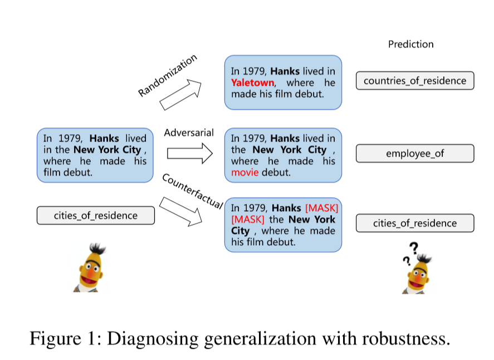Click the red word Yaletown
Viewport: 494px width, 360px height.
[x=252, y=83]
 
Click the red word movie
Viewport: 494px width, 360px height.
[x=245, y=173]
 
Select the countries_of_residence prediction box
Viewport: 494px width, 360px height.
[x=415, y=81]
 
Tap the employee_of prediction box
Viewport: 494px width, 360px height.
[x=415, y=153]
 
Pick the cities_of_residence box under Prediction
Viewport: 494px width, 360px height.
[x=415, y=223]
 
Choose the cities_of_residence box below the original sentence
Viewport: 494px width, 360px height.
[x=95, y=216]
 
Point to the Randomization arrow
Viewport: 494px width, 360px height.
[x=181, y=94]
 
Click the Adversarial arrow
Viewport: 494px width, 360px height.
[x=189, y=153]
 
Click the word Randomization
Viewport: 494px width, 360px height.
[x=168, y=76]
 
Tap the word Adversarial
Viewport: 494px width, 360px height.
[x=189, y=133]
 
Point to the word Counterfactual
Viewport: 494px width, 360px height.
[x=193, y=192]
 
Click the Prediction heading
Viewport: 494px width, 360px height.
[x=410, y=45]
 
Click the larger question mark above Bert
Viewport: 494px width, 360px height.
[x=414, y=247]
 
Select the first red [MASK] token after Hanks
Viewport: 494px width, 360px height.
[x=322, y=208]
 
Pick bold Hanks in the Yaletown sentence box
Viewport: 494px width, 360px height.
[x=285, y=71]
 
